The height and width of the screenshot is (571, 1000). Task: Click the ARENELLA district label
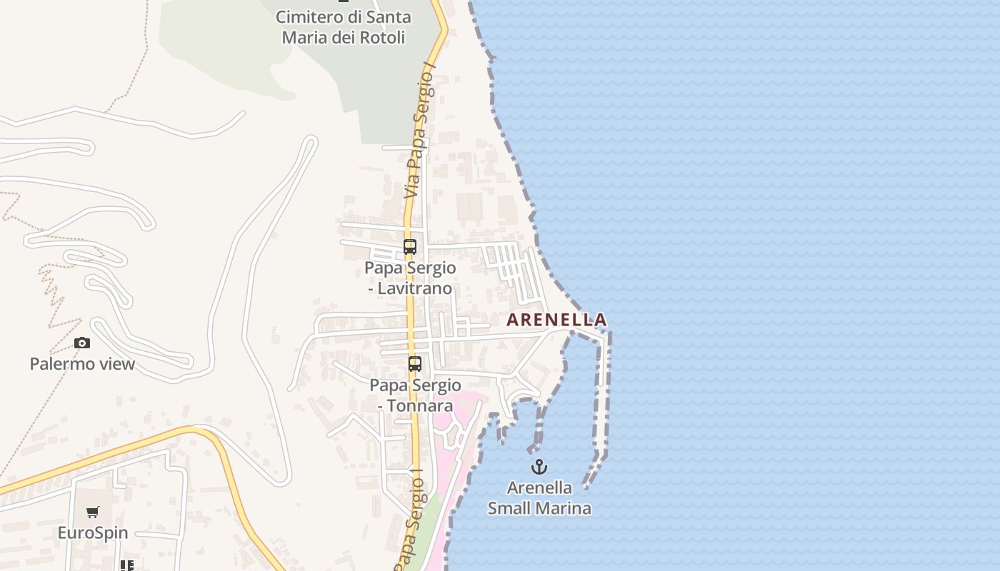(556, 320)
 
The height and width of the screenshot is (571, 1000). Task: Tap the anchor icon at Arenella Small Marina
(539, 468)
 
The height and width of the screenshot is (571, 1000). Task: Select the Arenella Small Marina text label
(539, 498)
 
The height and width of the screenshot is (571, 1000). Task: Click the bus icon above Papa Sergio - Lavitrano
(410, 248)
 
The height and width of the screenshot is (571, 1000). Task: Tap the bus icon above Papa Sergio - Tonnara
(415, 364)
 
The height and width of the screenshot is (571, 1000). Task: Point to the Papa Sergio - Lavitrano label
(410, 278)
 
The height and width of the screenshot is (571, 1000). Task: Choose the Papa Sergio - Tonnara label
(415, 395)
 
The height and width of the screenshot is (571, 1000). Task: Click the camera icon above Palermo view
(82, 343)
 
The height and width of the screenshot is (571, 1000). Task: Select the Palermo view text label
(82, 364)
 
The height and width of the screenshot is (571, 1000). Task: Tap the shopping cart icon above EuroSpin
(93, 512)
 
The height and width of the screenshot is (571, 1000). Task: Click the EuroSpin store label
(93, 533)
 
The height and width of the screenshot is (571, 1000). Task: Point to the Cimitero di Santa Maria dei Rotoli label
(344, 26)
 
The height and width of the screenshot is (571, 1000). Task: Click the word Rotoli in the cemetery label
(382, 37)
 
